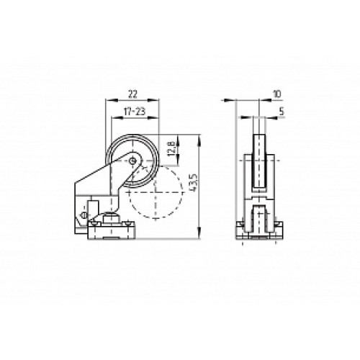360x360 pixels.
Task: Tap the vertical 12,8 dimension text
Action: pos(170,149)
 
